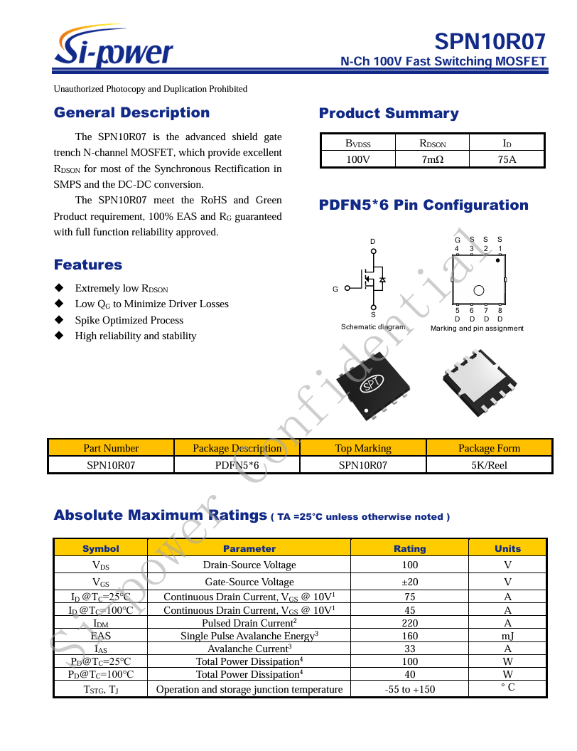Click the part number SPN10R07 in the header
(490, 41)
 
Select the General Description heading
(131, 112)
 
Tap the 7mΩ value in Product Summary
(432, 159)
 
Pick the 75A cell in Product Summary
(507, 159)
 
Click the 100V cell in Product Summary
(357, 159)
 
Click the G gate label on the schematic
(335, 289)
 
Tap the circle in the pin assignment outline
(479, 289)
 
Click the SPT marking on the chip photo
(372, 384)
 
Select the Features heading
(88, 265)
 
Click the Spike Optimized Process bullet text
(129, 320)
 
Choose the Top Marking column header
(363, 448)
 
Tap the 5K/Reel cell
(489, 465)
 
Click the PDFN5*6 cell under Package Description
(237, 465)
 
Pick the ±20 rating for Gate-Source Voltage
(409, 582)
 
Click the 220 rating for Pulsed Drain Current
(409, 623)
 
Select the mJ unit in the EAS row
(507, 636)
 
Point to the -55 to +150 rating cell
(409, 688)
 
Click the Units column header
(507, 548)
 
